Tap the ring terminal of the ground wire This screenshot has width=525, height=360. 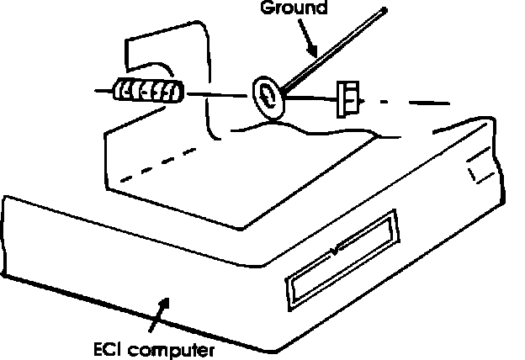pos(267,95)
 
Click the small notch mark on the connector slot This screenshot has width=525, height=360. pos(337,250)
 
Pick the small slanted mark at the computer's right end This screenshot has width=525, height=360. pos(474,174)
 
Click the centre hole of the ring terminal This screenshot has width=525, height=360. pos(267,94)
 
